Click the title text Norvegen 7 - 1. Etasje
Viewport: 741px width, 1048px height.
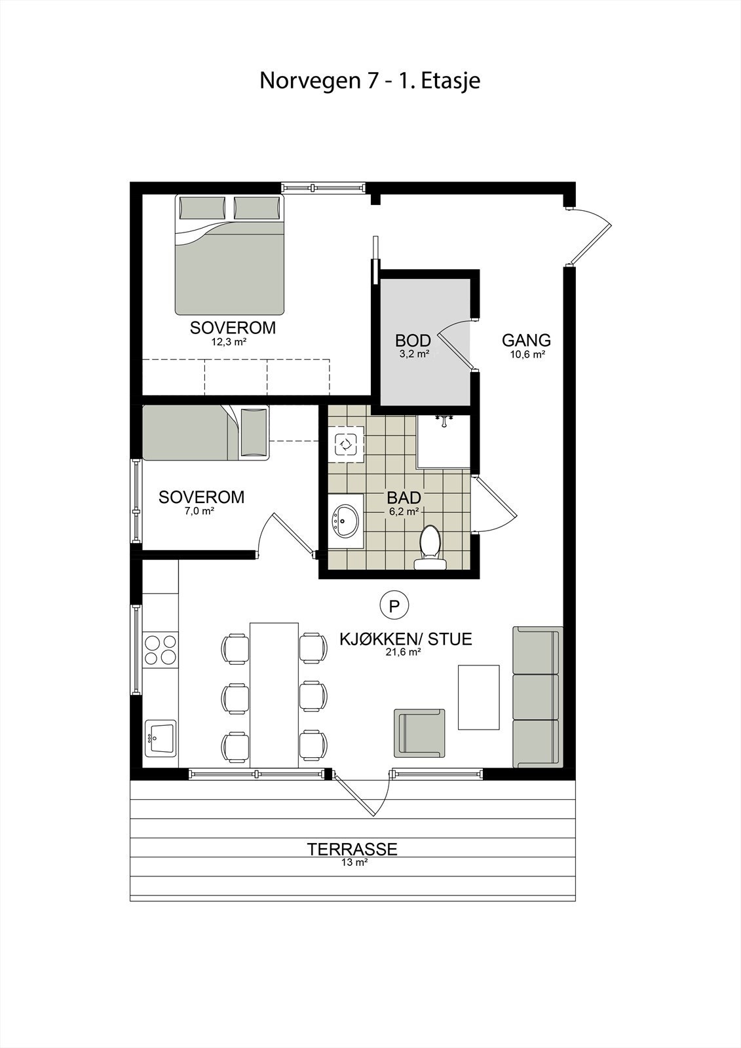[370, 81]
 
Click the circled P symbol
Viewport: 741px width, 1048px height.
[394, 606]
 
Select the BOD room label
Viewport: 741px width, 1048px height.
[413, 341]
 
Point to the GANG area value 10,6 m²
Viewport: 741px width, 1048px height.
[527, 354]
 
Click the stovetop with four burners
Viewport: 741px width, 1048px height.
[161, 650]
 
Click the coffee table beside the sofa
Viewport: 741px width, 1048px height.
[478, 697]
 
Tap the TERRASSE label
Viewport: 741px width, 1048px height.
[352, 850]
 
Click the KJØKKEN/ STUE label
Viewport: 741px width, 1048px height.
[406, 639]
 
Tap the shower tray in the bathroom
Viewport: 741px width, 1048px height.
[444, 442]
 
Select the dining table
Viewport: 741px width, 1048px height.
[274, 694]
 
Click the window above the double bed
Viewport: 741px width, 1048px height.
[322, 188]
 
